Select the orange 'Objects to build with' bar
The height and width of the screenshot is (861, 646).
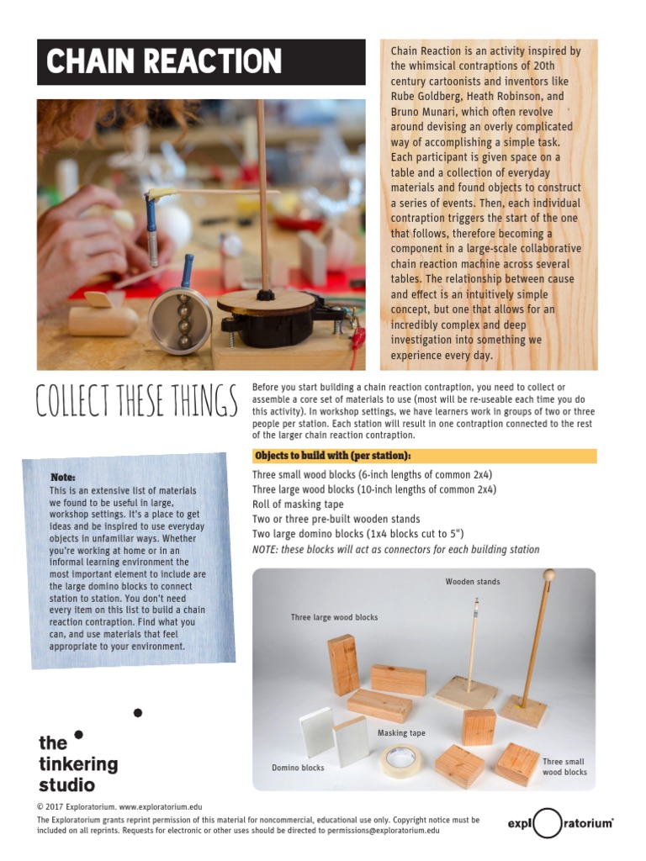click(x=424, y=457)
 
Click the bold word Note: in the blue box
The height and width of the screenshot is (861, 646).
click(x=63, y=478)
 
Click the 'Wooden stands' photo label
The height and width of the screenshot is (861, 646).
click(x=472, y=582)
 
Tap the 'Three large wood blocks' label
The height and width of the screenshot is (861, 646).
click(x=334, y=617)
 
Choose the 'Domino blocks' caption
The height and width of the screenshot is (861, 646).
click(x=298, y=768)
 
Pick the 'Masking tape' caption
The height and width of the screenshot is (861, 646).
click(x=401, y=733)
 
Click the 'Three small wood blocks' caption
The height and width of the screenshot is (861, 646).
click(x=564, y=767)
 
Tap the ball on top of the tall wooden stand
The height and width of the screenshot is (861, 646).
click(x=549, y=576)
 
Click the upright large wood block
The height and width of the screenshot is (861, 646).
click(x=343, y=664)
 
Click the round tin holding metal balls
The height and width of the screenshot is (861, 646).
click(x=182, y=321)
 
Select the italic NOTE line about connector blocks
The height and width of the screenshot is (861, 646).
click(x=395, y=549)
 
